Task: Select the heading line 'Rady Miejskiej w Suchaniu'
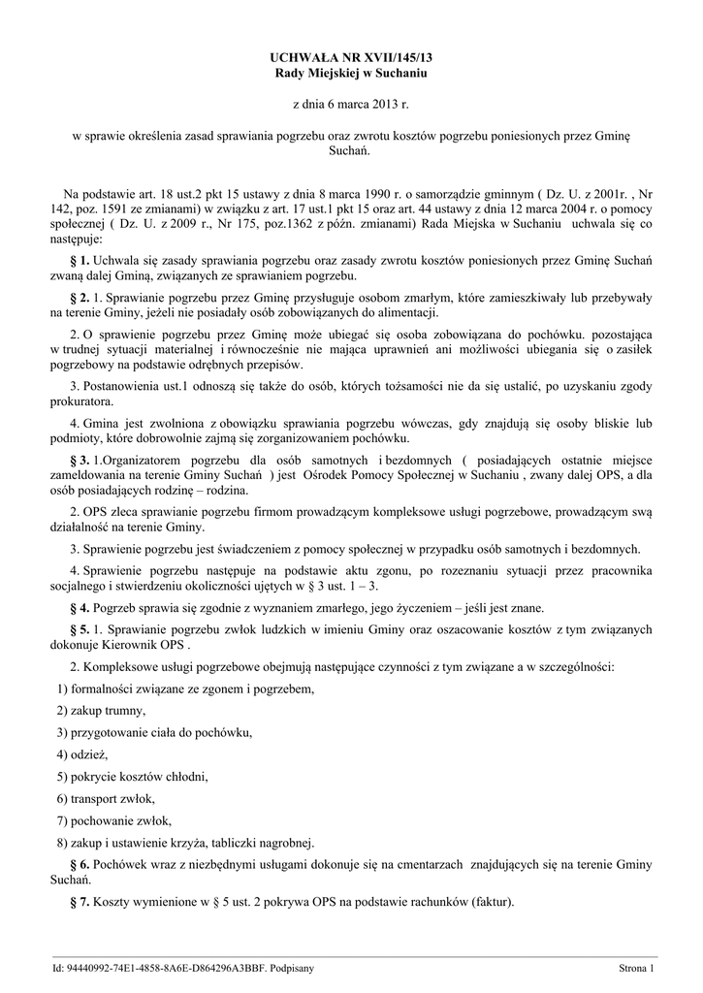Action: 352,74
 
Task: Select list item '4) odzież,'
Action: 82,754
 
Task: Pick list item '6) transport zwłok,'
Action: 106,798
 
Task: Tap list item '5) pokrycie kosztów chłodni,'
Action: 133,777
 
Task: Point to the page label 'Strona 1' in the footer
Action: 637,969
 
